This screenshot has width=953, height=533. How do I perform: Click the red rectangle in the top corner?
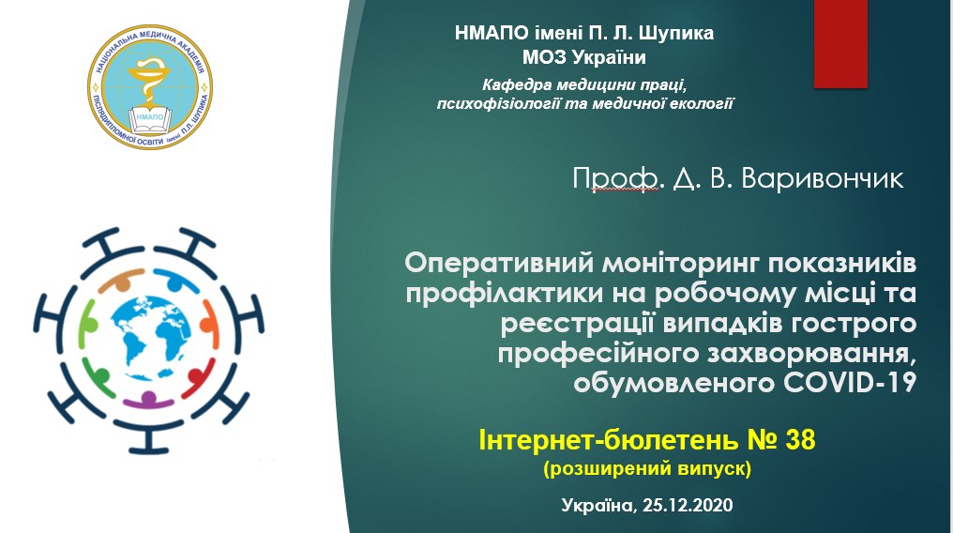coord(840,43)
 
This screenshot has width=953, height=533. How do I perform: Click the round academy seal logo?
coord(150,87)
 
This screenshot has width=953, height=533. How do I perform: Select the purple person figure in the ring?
coord(148,400)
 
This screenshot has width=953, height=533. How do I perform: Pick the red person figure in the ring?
coord(199,378)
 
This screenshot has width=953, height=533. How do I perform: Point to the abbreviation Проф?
coord(615,179)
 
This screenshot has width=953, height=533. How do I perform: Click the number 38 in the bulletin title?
coord(800,439)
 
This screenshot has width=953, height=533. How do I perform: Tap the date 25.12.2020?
coord(688,505)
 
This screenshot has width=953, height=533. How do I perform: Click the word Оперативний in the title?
coord(499,263)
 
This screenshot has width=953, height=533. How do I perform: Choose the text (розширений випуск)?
coord(647,468)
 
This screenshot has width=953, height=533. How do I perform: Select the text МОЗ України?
coord(584,58)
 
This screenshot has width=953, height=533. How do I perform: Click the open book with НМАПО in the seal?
coord(150,120)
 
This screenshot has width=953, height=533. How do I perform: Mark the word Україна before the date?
coord(598,505)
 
